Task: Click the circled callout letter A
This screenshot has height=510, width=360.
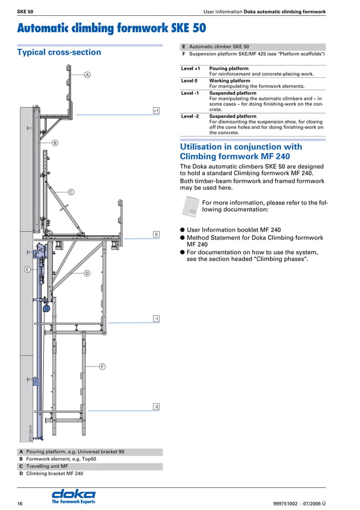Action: tap(87, 75)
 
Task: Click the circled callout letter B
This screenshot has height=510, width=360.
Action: tap(55, 143)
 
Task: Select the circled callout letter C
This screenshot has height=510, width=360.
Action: tap(71, 192)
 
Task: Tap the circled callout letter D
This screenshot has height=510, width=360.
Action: tap(87, 273)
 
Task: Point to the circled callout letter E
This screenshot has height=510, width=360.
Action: tap(27, 271)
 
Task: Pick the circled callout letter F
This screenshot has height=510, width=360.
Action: tap(102, 367)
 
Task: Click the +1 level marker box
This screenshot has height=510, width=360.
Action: tap(156, 111)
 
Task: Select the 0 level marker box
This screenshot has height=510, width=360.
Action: tap(156, 234)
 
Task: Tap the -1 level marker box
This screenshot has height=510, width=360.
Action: tap(156, 319)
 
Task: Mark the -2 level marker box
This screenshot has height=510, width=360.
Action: tap(156, 407)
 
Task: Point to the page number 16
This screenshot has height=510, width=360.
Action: tap(20, 503)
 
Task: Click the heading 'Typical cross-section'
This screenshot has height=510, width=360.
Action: tap(59, 53)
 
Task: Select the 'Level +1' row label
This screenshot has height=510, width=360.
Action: tap(190, 69)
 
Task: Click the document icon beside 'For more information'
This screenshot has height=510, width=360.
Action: tap(190, 206)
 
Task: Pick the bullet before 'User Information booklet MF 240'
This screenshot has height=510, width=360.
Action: tap(182, 230)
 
